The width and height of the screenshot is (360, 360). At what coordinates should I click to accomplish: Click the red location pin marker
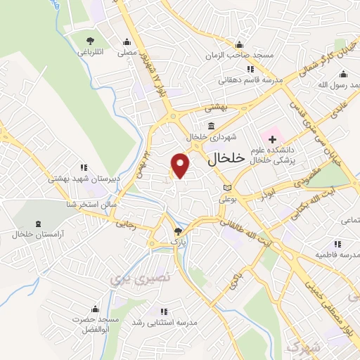pyautogui.click(x=181, y=165)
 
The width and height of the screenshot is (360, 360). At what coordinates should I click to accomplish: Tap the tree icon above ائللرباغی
pyautogui.click(x=89, y=39)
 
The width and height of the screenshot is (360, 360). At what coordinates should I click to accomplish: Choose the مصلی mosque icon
pyautogui.click(x=127, y=40)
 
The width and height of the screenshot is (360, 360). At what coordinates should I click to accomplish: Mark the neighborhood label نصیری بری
pyautogui.click(x=130, y=277)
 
